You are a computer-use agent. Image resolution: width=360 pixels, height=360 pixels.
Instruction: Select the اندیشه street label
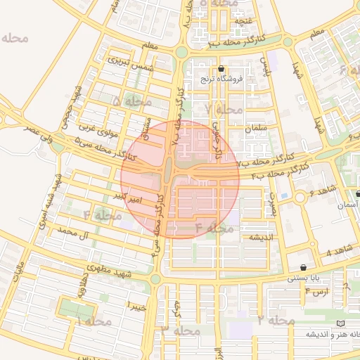pos(257,238)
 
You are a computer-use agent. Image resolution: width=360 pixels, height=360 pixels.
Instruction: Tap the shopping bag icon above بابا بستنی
pos(303,267)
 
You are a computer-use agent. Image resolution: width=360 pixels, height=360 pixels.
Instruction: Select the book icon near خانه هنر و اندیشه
pos(341,323)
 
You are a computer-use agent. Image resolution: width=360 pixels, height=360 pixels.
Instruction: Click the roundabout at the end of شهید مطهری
pos(155,279)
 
